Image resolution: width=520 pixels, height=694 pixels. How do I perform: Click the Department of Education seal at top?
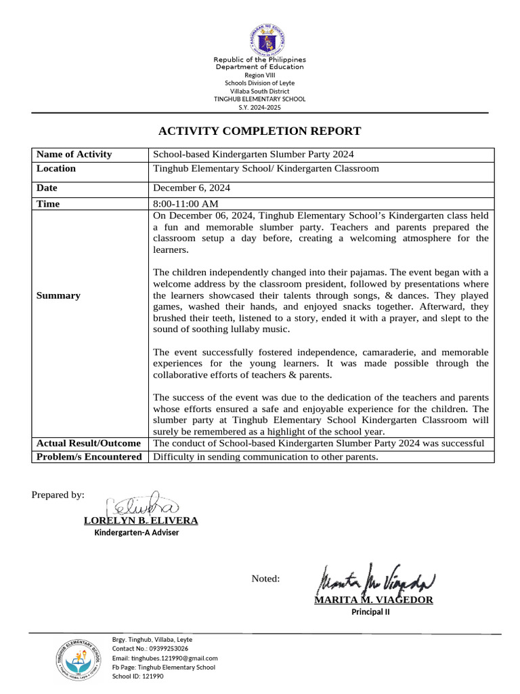[259, 34]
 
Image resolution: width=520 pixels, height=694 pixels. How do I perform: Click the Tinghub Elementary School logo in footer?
[79, 659]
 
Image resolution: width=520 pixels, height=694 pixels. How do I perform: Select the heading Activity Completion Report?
[259, 131]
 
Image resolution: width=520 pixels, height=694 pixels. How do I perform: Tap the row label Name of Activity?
[74, 155]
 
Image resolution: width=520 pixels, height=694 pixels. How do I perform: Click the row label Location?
[56, 169]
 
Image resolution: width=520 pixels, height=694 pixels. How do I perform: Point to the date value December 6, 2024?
[192, 188]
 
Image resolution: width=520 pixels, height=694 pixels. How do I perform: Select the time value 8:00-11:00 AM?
[186, 204]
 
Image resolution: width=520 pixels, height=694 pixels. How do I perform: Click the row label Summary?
[58, 295]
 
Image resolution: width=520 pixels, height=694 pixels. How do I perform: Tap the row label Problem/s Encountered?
[89, 457]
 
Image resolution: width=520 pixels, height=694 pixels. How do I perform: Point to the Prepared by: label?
[58, 495]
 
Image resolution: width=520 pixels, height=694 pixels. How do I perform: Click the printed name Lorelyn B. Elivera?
[141, 520]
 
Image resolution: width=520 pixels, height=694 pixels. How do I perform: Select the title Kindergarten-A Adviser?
[136, 533]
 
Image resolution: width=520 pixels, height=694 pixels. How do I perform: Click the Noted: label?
[265, 579]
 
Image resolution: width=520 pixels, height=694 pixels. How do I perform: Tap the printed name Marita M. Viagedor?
[373, 600]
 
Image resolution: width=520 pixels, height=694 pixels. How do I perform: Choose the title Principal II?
[370, 612]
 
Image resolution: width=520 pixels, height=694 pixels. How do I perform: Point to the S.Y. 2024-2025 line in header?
[259, 108]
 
